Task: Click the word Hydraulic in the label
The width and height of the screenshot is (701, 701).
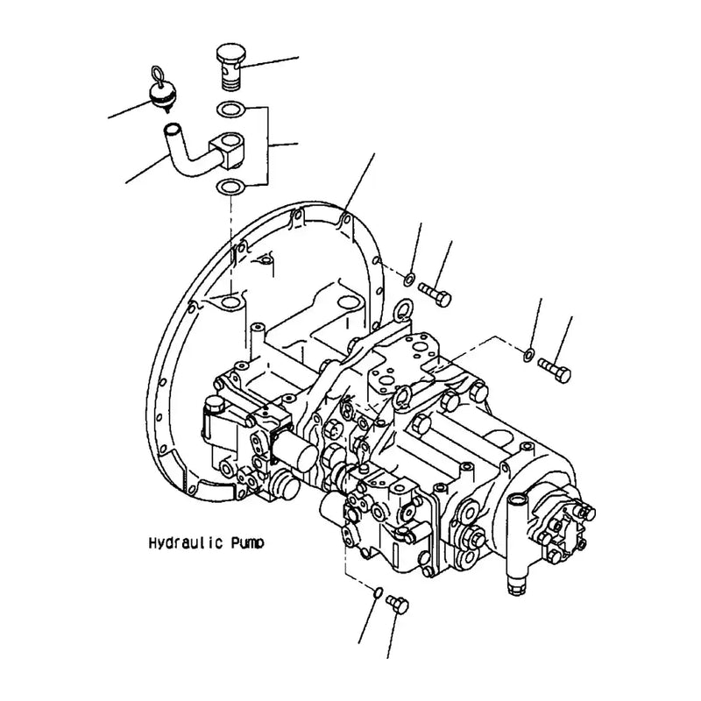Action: click(181, 543)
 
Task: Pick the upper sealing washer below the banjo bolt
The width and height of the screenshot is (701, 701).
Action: click(230, 110)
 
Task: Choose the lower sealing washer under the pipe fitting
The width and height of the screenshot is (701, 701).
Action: click(230, 187)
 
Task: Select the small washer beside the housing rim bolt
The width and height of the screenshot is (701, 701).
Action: click(409, 279)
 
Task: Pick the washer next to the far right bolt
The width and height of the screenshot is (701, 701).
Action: click(528, 353)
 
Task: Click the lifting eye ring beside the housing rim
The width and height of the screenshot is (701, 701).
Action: click(404, 309)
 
